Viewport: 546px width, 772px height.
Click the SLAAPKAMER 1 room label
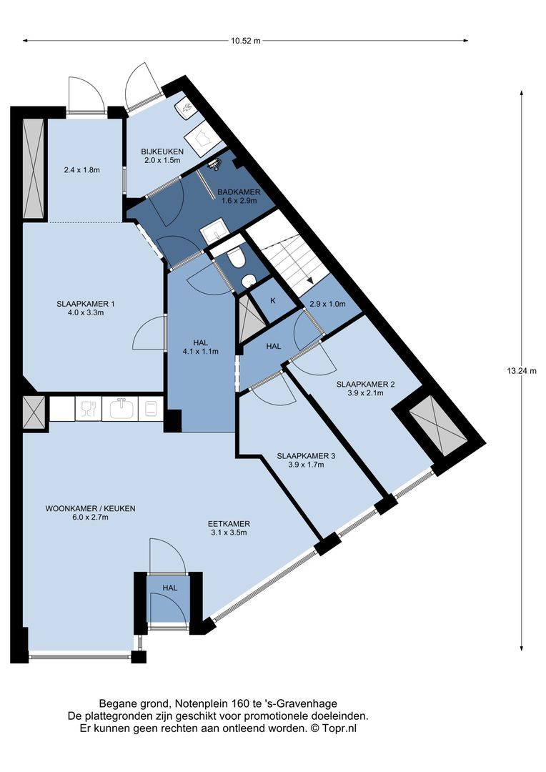pos(86,304)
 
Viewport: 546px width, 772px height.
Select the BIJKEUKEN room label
pos(162,152)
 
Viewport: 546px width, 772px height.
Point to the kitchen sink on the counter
pos(120,409)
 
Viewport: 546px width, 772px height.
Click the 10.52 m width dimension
pos(245,41)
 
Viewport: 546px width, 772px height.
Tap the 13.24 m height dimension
pos(522,371)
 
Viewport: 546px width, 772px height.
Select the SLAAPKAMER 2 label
pos(365,384)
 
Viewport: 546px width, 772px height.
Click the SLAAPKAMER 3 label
pos(306,456)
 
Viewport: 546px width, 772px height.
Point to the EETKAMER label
pos(229,524)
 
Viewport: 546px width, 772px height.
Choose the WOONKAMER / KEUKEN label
pos(90,509)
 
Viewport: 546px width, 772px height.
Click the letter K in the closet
pos(273,300)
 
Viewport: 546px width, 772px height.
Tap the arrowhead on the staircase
pos(311,279)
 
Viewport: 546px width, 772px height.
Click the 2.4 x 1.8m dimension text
pos(81,170)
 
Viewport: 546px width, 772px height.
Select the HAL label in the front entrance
pos(170,588)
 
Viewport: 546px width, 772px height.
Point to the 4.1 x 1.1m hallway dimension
pos(200,352)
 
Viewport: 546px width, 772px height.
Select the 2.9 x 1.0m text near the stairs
pos(327,304)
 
